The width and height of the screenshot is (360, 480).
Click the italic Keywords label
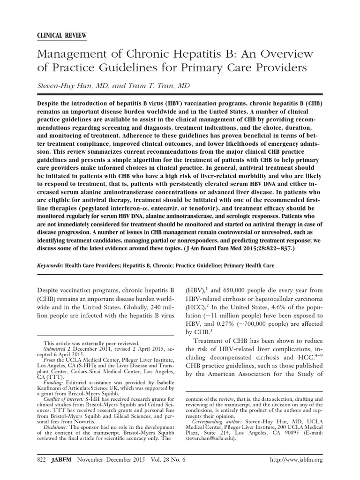49,265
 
